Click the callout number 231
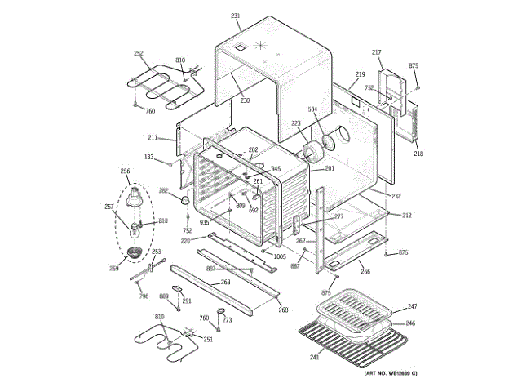236,16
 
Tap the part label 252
139,53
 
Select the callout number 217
377,52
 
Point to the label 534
312,109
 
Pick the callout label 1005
280,256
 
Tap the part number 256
125,171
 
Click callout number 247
412,307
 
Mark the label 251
208,339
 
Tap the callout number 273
228,320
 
